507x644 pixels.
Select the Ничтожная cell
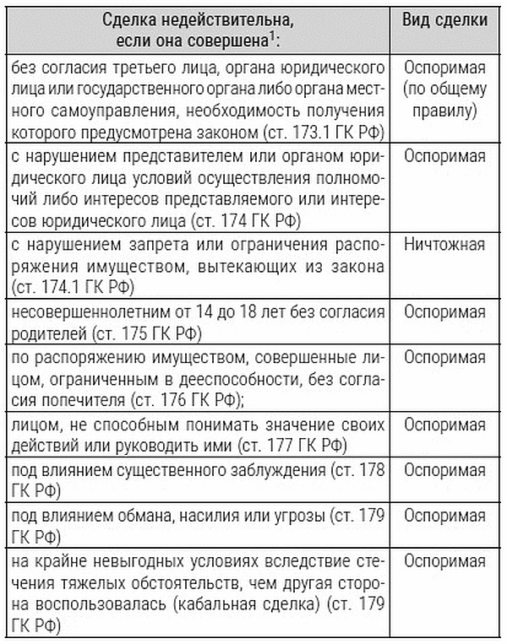pos(444,245)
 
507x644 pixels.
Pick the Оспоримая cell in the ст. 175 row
pos(444,311)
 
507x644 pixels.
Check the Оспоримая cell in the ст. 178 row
pos(444,468)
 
